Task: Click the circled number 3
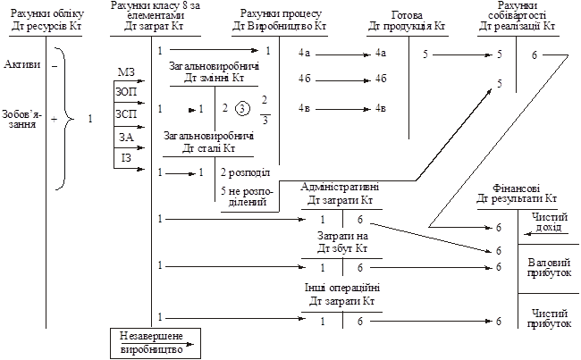[242, 109]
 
